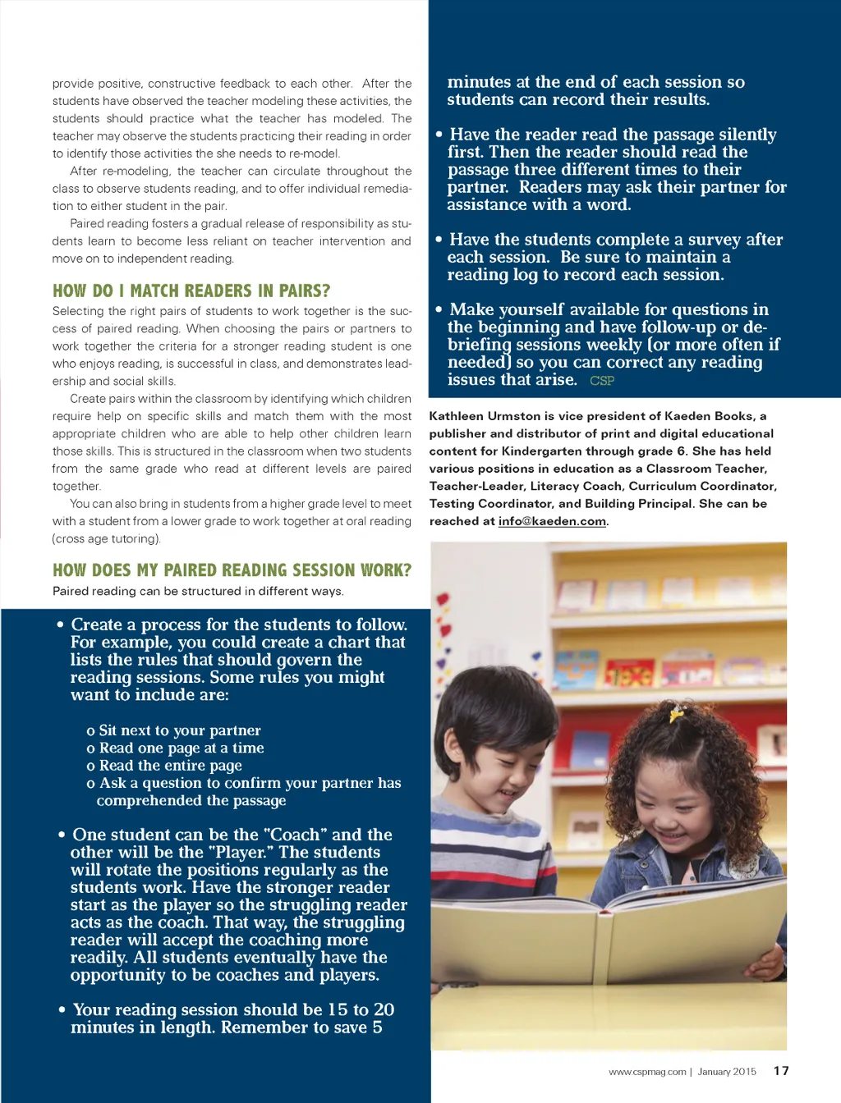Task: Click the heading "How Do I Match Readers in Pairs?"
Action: [191, 291]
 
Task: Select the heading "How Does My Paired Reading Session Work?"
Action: [232, 570]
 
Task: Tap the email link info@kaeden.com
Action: [552, 521]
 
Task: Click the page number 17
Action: [781, 1071]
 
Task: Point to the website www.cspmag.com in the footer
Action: [647, 1072]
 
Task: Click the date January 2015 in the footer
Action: [727, 1072]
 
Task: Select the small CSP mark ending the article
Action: [602, 381]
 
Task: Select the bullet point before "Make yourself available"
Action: [439, 309]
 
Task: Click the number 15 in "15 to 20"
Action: [338, 1009]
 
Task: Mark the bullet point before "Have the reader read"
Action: [439, 135]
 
